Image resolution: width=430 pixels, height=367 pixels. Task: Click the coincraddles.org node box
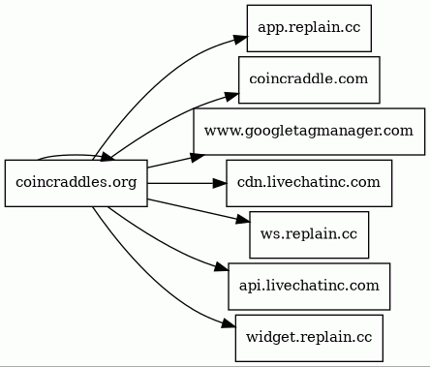pos(77,183)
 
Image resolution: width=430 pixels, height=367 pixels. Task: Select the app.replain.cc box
pos(309,28)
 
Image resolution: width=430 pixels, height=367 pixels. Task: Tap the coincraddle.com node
pos(309,79)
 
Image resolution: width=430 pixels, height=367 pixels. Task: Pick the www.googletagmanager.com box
pos(309,132)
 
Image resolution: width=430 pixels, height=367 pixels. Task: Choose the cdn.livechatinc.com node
pos(309,183)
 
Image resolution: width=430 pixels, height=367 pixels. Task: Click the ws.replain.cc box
pos(309,234)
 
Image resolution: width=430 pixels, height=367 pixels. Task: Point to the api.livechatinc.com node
pos(309,287)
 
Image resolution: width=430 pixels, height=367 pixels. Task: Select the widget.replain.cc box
pos(309,338)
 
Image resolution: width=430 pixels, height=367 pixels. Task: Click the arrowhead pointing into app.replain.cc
pos(241,39)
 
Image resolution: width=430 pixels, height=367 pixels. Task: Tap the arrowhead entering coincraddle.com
pos(232,96)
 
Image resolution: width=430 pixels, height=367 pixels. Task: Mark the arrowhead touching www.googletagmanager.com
pos(198,157)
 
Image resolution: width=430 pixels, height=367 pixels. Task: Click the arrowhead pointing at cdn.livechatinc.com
pos(220,183)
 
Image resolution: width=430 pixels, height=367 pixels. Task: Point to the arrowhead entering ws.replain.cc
pos(243,220)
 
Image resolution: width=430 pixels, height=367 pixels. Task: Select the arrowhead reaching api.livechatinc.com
pos(222,268)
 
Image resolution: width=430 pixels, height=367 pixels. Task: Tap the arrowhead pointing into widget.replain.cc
pos(229,324)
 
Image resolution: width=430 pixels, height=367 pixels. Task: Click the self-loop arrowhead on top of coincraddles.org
pos(107,157)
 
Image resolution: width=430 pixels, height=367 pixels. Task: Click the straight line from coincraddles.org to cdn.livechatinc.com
pos(180,183)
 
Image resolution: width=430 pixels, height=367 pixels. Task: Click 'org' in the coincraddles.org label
pos(125,183)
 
